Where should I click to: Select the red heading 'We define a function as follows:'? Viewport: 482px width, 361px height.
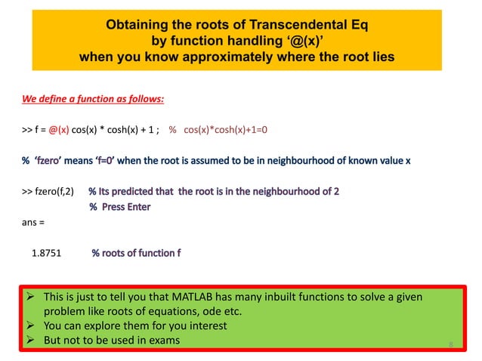click(x=92, y=99)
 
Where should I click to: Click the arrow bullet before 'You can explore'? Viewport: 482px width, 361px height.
click(x=32, y=326)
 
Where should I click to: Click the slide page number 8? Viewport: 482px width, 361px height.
click(x=450, y=346)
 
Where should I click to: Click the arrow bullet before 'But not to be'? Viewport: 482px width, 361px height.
click(x=32, y=341)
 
